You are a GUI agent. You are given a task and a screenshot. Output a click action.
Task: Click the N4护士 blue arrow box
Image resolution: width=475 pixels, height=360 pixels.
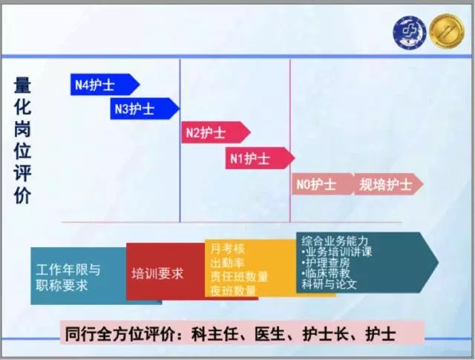click(x=105, y=85)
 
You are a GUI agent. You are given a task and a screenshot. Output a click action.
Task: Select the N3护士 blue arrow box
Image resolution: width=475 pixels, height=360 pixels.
click(x=145, y=108)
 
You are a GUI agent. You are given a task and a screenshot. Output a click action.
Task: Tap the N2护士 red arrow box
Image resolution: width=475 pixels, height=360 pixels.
click(x=216, y=132)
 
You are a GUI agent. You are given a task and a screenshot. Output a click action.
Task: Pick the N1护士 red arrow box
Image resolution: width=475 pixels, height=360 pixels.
click(x=260, y=158)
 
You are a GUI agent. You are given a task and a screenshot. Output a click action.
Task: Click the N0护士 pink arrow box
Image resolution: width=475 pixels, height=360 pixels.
click(x=323, y=184)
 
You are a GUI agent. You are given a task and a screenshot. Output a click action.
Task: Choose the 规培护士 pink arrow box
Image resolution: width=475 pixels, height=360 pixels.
click(x=389, y=184)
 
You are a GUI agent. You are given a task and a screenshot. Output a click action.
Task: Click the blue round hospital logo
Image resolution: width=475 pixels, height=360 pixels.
click(x=409, y=33)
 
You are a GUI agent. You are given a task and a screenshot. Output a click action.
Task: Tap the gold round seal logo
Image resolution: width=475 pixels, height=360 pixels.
click(x=447, y=31)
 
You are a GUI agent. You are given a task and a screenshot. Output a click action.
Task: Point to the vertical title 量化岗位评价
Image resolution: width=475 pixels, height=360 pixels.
click(x=22, y=140)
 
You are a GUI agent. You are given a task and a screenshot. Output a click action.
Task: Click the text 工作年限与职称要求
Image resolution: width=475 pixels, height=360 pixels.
click(x=68, y=278)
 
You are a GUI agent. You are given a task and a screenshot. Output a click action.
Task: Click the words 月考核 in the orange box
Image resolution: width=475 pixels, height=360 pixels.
click(x=228, y=249)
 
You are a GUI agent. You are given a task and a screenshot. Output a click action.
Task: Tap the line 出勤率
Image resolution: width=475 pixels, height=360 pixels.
click(x=228, y=263)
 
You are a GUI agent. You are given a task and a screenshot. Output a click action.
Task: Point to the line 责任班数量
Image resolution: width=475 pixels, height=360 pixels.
click(x=239, y=277)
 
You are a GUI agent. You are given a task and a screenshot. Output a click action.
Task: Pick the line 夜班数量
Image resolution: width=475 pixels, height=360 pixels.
click(x=233, y=291)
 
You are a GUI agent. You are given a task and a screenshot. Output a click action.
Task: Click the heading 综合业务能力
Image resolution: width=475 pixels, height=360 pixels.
click(x=335, y=241)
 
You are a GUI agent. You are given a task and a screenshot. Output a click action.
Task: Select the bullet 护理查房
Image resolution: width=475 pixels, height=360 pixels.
click(x=326, y=263)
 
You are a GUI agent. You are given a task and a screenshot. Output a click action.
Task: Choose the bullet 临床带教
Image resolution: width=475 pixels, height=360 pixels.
click(x=326, y=273)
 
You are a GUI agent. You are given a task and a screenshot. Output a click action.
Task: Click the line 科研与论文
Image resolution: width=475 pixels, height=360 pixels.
click(x=329, y=284)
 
